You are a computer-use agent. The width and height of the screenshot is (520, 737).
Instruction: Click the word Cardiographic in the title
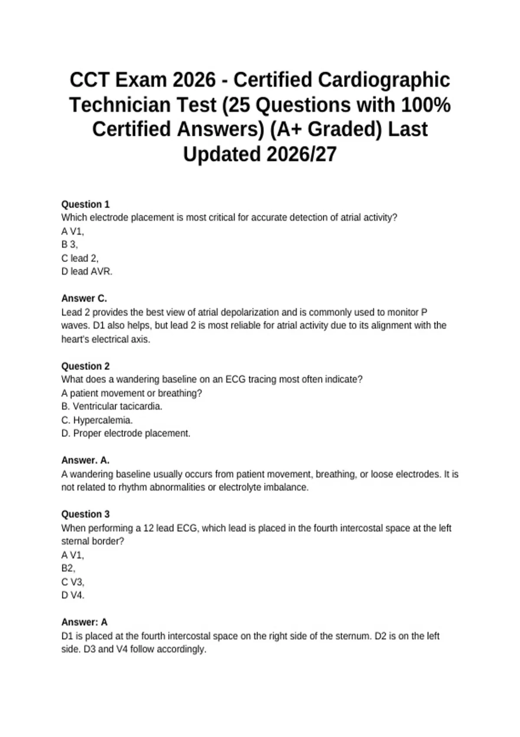click(x=384, y=80)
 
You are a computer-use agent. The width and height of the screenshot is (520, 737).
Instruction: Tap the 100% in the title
click(x=426, y=105)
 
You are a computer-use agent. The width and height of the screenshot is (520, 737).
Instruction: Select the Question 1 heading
click(x=85, y=204)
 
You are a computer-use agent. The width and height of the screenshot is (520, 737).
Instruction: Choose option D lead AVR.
click(x=87, y=271)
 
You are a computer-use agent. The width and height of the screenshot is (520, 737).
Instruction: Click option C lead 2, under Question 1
click(x=80, y=258)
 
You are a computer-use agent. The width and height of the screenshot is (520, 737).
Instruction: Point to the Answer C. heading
click(x=84, y=298)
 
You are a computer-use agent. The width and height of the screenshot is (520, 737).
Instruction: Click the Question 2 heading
click(x=85, y=366)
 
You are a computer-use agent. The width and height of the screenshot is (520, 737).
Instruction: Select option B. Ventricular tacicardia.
click(x=112, y=406)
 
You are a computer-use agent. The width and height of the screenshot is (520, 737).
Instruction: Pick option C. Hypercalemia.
click(x=97, y=420)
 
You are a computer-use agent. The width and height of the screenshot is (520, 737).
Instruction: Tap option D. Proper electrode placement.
click(x=126, y=433)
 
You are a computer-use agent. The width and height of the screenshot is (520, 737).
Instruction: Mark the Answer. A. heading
click(x=85, y=460)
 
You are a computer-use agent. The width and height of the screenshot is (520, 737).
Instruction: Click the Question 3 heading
click(x=85, y=514)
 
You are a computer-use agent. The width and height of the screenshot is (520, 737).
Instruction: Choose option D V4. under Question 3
click(x=73, y=595)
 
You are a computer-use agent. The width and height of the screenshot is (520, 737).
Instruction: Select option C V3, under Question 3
click(x=73, y=582)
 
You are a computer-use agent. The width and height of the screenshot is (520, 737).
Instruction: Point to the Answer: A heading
click(x=84, y=622)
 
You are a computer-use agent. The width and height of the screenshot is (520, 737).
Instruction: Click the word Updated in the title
click(x=222, y=154)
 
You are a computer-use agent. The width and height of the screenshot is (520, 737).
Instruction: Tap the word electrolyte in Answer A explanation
click(x=242, y=487)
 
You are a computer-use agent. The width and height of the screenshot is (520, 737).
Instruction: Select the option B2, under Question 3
click(x=68, y=568)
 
